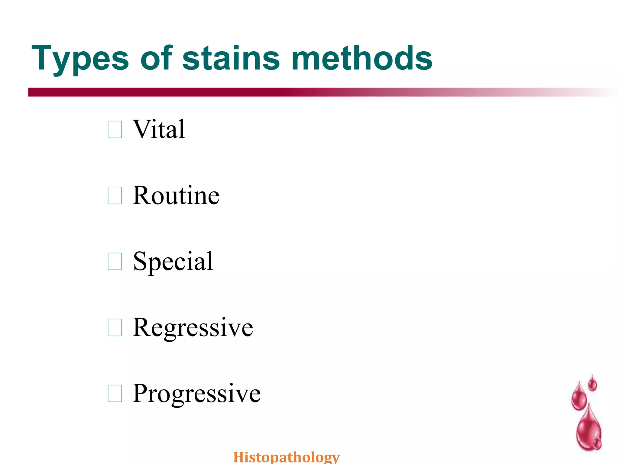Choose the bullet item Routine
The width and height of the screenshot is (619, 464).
tap(176, 195)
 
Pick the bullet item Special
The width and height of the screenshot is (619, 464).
tap(173, 262)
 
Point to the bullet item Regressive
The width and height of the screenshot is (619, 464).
tap(193, 328)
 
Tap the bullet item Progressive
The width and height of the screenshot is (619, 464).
tap(196, 394)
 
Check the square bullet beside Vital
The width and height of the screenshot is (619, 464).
tap(115, 130)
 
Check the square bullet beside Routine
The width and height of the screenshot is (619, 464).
tap(115, 195)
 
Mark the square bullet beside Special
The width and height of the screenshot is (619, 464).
tap(115, 262)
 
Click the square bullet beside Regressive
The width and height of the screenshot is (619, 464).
tap(115, 328)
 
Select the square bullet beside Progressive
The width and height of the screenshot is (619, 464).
tap(115, 394)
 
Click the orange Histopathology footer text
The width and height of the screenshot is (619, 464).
tap(287, 457)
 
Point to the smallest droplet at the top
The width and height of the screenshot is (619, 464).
tap(592, 384)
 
